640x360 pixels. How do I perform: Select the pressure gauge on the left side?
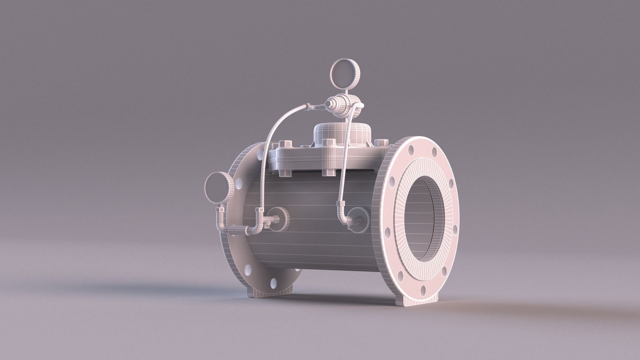[218, 188]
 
